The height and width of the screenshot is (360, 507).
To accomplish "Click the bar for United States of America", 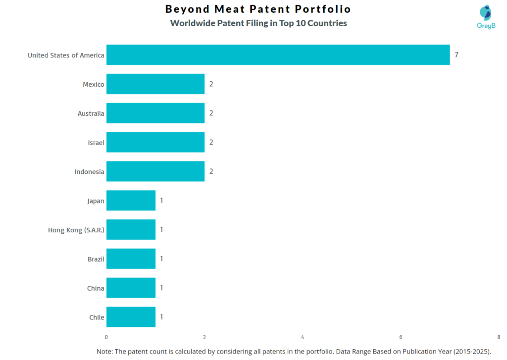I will pos(278,55).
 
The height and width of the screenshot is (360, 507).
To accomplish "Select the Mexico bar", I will pos(155,84).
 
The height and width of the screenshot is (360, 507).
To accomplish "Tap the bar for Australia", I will pos(155,113).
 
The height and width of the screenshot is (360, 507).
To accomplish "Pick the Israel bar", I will pos(155,143).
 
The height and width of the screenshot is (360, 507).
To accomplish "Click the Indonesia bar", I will pos(155,171).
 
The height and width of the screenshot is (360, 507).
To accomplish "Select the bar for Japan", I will pos(131,201).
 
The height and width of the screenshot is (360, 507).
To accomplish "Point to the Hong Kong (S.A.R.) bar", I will pos(131,230).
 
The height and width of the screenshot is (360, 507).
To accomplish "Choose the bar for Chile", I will pos(131,317).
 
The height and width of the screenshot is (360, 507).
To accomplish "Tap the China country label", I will pos(96,288).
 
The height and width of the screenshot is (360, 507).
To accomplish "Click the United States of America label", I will pos(66,55).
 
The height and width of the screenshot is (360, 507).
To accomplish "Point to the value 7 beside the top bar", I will pos(456,55).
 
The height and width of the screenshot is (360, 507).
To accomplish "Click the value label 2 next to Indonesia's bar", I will pos(211,171).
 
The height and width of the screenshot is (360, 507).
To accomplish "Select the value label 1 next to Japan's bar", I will pos(161,201).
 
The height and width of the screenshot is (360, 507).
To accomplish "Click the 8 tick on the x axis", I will pos(499,337).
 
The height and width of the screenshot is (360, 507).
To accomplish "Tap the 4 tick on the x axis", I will pos(303,337).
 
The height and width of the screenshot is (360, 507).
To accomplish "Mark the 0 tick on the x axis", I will pos(106,337).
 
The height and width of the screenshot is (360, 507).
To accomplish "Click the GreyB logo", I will pos(485,17).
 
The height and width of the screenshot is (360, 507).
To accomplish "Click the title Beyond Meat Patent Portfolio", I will pos(258,9).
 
